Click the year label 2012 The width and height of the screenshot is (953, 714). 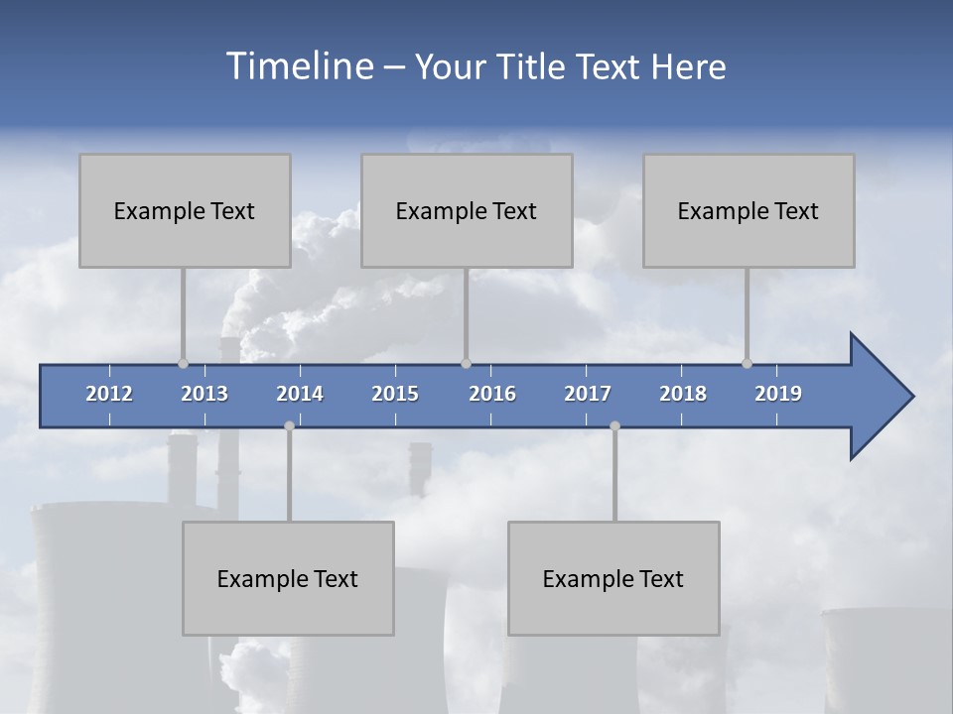pos(109,394)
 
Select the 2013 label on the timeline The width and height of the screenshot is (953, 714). pos(204,394)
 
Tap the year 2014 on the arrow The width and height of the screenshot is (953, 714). pos(300,394)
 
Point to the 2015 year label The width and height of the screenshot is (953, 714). pos(395,394)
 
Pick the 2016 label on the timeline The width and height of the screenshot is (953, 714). pos(492,394)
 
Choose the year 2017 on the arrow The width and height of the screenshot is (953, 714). pos(588,394)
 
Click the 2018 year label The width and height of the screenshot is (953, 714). pos(683,394)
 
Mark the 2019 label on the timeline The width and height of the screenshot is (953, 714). pos(778,394)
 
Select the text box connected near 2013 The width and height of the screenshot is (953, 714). pos(185,210)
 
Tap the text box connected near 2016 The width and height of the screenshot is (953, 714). pos(467,210)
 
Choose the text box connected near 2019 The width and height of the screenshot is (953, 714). pos(749,210)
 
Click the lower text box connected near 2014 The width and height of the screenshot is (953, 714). pos(288,578)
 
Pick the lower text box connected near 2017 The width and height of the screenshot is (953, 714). pos(613,578)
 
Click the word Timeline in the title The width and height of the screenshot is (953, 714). pos(298,66)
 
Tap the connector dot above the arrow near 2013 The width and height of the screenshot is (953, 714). pos(184,364)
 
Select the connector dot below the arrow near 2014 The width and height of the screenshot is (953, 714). pos(289,425)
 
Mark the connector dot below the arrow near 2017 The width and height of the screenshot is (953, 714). pos(614,425)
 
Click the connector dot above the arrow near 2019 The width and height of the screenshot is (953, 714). pos(748,364)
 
